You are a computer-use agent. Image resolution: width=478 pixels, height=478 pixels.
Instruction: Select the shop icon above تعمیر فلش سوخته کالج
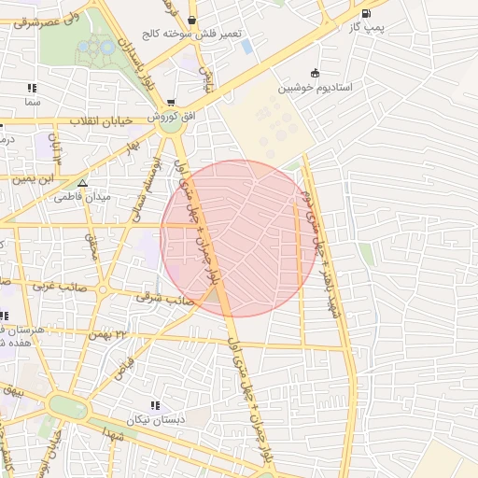[191, 21]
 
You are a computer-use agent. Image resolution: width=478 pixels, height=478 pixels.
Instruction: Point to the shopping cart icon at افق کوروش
[169, 103]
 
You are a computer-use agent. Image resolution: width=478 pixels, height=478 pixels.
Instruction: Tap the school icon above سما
[33, 88]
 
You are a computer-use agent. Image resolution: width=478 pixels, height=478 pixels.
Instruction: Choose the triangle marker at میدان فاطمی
[83, 183]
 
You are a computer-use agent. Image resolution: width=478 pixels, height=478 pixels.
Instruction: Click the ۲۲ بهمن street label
[107, 333]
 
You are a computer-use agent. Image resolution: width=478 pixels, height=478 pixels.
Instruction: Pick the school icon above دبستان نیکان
[155, 404]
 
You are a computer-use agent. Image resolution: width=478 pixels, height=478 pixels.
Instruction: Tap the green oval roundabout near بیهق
[66, 408]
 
